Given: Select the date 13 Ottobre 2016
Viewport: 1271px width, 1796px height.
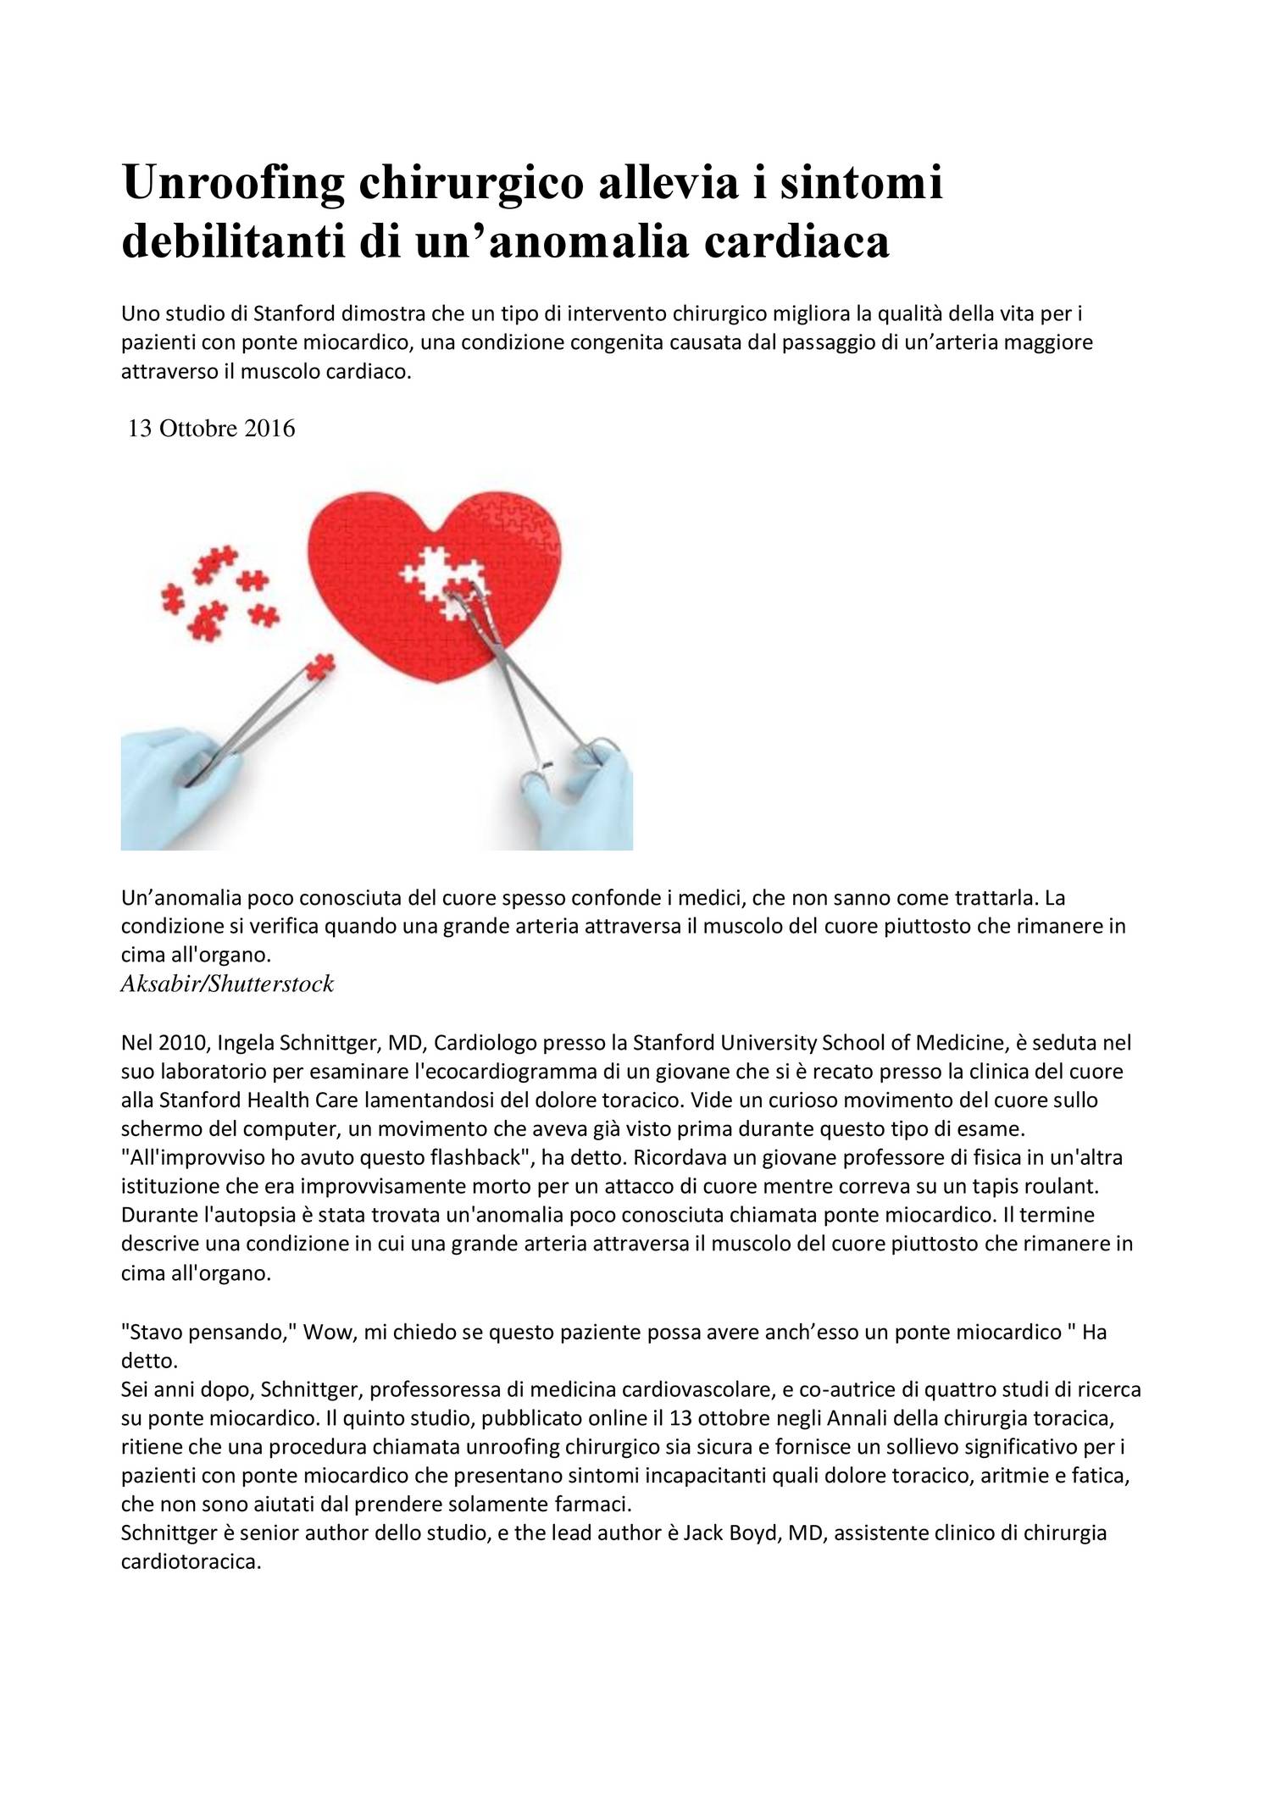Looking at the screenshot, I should [x=211, y=429].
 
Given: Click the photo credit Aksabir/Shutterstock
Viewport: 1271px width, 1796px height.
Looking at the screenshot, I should [x=227, y=984].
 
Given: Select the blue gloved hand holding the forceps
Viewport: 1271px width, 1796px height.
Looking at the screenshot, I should [x=585, y=788].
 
